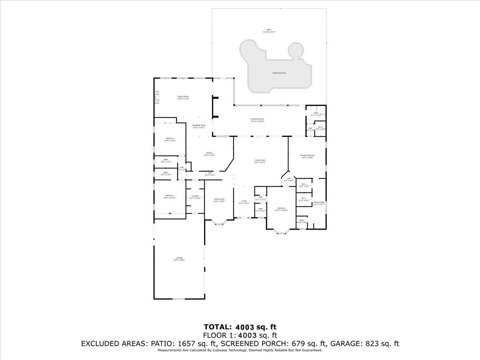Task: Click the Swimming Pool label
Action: pos(279,73)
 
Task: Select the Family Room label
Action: pos(183,97)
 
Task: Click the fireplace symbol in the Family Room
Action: pos(157,97)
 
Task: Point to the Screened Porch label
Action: pos(257,120)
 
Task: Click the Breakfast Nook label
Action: pos(198,126)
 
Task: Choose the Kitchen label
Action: pos(210,154)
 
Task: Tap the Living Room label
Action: pos(260,161)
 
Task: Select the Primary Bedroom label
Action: pos(307,156)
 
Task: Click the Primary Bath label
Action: pos(319,203)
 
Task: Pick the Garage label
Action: pos(179,258)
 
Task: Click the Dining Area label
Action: pos(219,200)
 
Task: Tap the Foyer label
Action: pos(244,202)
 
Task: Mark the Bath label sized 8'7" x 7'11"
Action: pos(316,114)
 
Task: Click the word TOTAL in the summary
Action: pos(218,327)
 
